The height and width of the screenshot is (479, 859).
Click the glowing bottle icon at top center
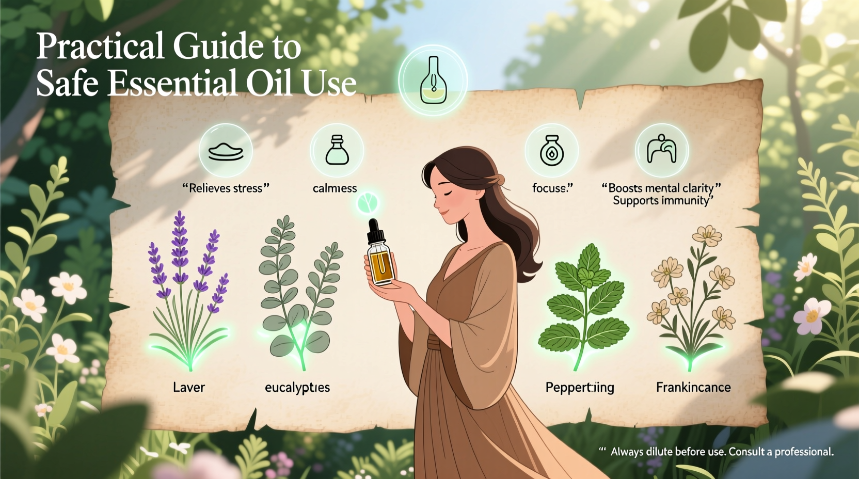(433, 80)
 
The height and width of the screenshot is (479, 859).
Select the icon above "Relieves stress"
(226, 151)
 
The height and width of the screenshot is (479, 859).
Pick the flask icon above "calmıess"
(337, 150)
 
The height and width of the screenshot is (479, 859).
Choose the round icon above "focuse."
(551, 151)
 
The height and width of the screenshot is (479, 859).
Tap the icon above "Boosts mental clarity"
(661, 150)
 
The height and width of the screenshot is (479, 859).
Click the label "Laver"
(189, 388)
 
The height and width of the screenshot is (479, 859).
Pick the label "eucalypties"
(297, 388)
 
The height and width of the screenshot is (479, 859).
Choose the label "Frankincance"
(693, 388)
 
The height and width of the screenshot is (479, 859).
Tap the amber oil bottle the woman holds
(381, 263)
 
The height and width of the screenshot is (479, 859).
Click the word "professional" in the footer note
(803, 452)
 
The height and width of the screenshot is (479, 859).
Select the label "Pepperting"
(580, 388)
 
